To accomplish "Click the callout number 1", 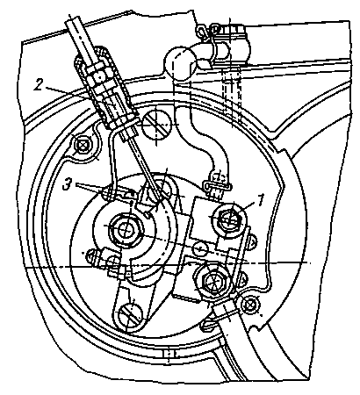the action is tap(260, 200).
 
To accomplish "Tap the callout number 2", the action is tap(39, 84).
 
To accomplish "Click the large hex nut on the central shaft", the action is tap(126, 230).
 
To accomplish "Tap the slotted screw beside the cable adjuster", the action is tap(156, 125).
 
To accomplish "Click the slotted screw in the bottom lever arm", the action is tap(130, 315).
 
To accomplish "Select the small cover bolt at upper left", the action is tap(82, 145).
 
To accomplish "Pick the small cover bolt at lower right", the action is tap(250, 305).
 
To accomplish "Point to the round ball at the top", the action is tap(179, 63).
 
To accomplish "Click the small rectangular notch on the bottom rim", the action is tap(169, 354).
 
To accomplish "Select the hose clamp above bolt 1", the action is tap(217, 185).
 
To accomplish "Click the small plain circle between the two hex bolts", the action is tap(199, 248).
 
